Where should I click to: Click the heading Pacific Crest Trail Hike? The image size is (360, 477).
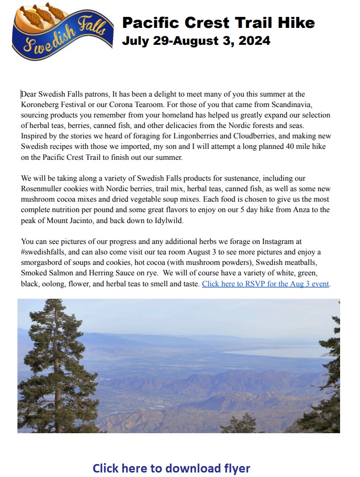[218, 22]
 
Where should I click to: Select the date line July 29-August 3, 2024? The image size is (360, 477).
[196, 41]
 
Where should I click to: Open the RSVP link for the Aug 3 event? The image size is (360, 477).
[266, 284]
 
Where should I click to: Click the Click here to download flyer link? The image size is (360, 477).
[171, 468]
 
